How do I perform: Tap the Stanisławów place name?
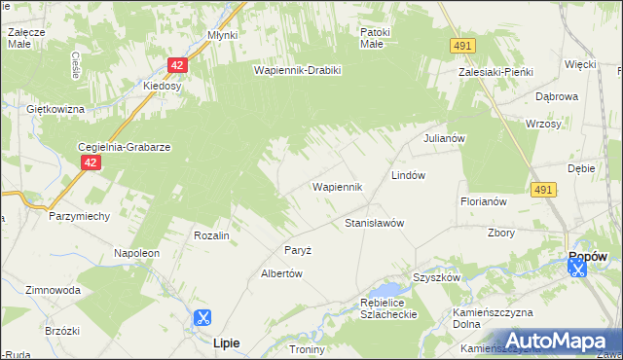375,223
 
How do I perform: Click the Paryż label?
298,250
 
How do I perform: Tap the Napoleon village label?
136,253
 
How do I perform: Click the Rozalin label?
211,235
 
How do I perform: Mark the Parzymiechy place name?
79,216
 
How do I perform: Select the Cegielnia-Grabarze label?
125,147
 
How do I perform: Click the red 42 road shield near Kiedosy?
176,65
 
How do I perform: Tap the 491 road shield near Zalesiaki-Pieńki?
462,46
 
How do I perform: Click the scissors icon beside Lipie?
202,317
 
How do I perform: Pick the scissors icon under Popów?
578,269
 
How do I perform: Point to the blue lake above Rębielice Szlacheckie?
388,290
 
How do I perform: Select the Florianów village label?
484,201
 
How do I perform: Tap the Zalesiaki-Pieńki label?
494,71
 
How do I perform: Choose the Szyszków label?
435,277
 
